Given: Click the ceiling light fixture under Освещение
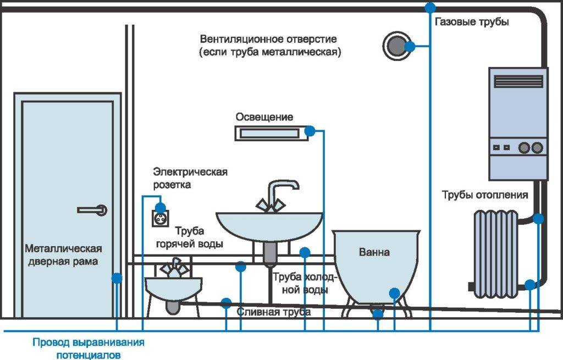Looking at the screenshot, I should [269, 132].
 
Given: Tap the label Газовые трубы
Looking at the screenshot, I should [472, 22].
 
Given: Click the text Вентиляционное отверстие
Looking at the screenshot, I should [268, 40].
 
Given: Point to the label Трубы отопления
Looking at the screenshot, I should [485, 195].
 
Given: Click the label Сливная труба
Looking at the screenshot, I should [274, 312].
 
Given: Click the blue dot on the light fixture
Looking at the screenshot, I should [310, 131].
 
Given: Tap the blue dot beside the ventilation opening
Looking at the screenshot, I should [409, 46].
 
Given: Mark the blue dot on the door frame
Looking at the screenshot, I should [117, 278].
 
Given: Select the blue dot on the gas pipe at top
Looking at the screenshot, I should [430, 7].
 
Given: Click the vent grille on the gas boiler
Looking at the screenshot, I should [518, 81].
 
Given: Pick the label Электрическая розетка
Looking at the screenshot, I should [190, 178].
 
